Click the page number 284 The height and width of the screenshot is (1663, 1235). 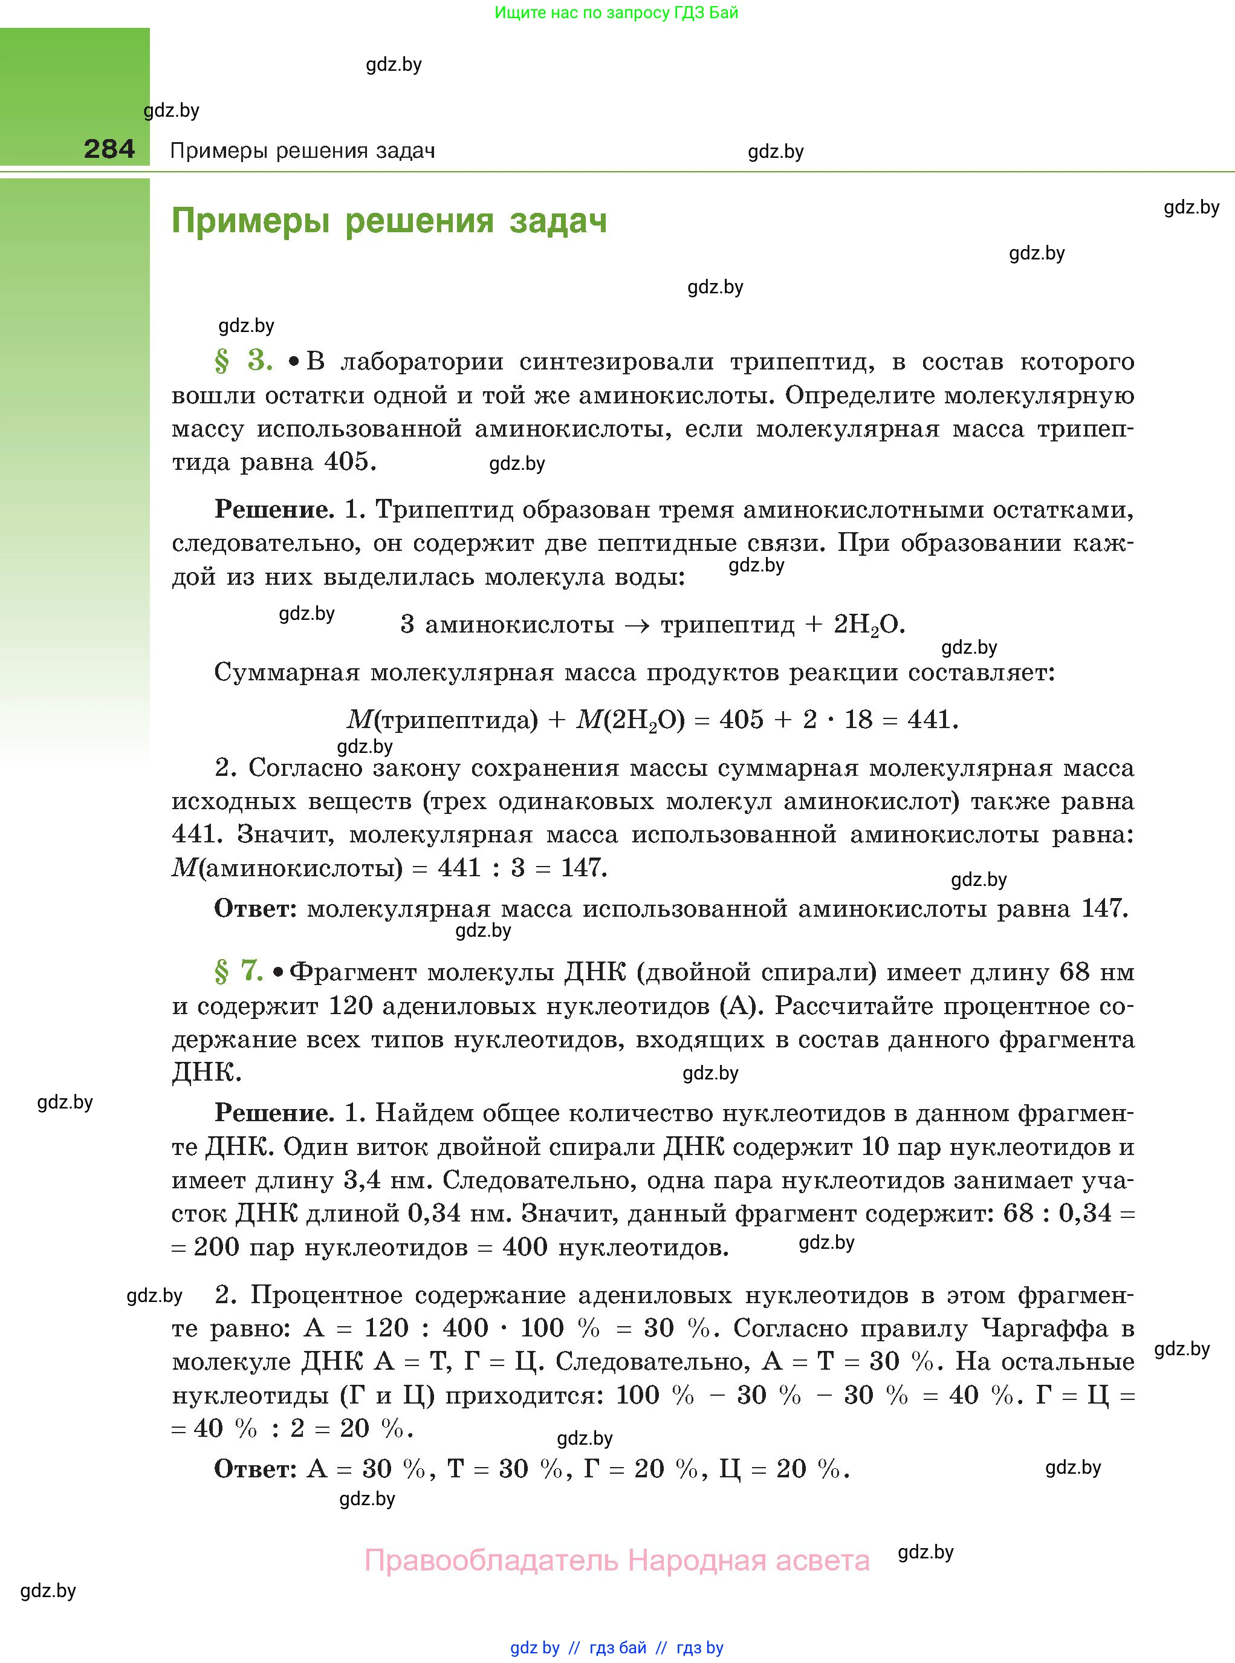[109, 149]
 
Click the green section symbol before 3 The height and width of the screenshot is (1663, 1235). [222, 362]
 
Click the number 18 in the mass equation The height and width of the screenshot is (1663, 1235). [858, 720]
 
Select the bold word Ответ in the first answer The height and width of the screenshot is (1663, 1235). [253, 908]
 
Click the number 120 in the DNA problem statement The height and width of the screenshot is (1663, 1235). [351, 1006]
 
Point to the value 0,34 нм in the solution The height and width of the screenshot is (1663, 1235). [459, 1213]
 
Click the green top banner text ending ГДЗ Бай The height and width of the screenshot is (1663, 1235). [616, 13]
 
